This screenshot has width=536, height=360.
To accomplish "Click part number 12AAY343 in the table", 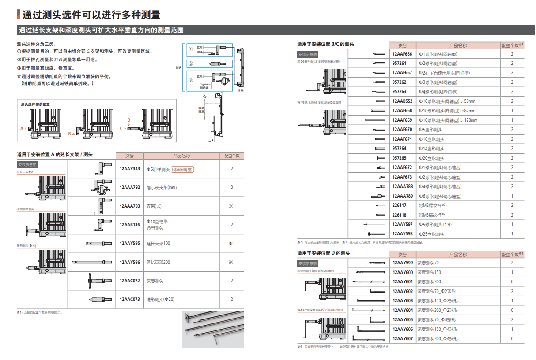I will pos(129,169).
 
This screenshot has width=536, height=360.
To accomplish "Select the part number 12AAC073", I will pos(129,300).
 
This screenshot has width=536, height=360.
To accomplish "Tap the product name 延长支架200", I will pos(158,262).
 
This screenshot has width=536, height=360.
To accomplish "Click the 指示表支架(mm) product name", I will pos(162,187).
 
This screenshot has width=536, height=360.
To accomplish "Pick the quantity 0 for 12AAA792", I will pos(232,187).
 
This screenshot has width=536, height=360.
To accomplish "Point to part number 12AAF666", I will pos(402,54).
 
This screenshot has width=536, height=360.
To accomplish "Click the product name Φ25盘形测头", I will pos(431,234).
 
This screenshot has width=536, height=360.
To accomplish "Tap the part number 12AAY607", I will pos(403,339).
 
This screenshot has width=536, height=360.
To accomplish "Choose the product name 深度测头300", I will pos(429,281).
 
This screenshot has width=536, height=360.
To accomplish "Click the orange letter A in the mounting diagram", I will pos(21,129).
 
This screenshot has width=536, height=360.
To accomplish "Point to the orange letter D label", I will pos(128,120).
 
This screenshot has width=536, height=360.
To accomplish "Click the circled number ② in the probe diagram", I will pos(190,64).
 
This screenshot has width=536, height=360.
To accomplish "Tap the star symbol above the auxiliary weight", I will pos(204,96).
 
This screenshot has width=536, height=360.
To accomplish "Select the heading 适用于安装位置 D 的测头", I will pos(323,253).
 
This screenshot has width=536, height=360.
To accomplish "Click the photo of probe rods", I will pos(213,329).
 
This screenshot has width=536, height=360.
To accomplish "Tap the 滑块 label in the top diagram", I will pos(241,90).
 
